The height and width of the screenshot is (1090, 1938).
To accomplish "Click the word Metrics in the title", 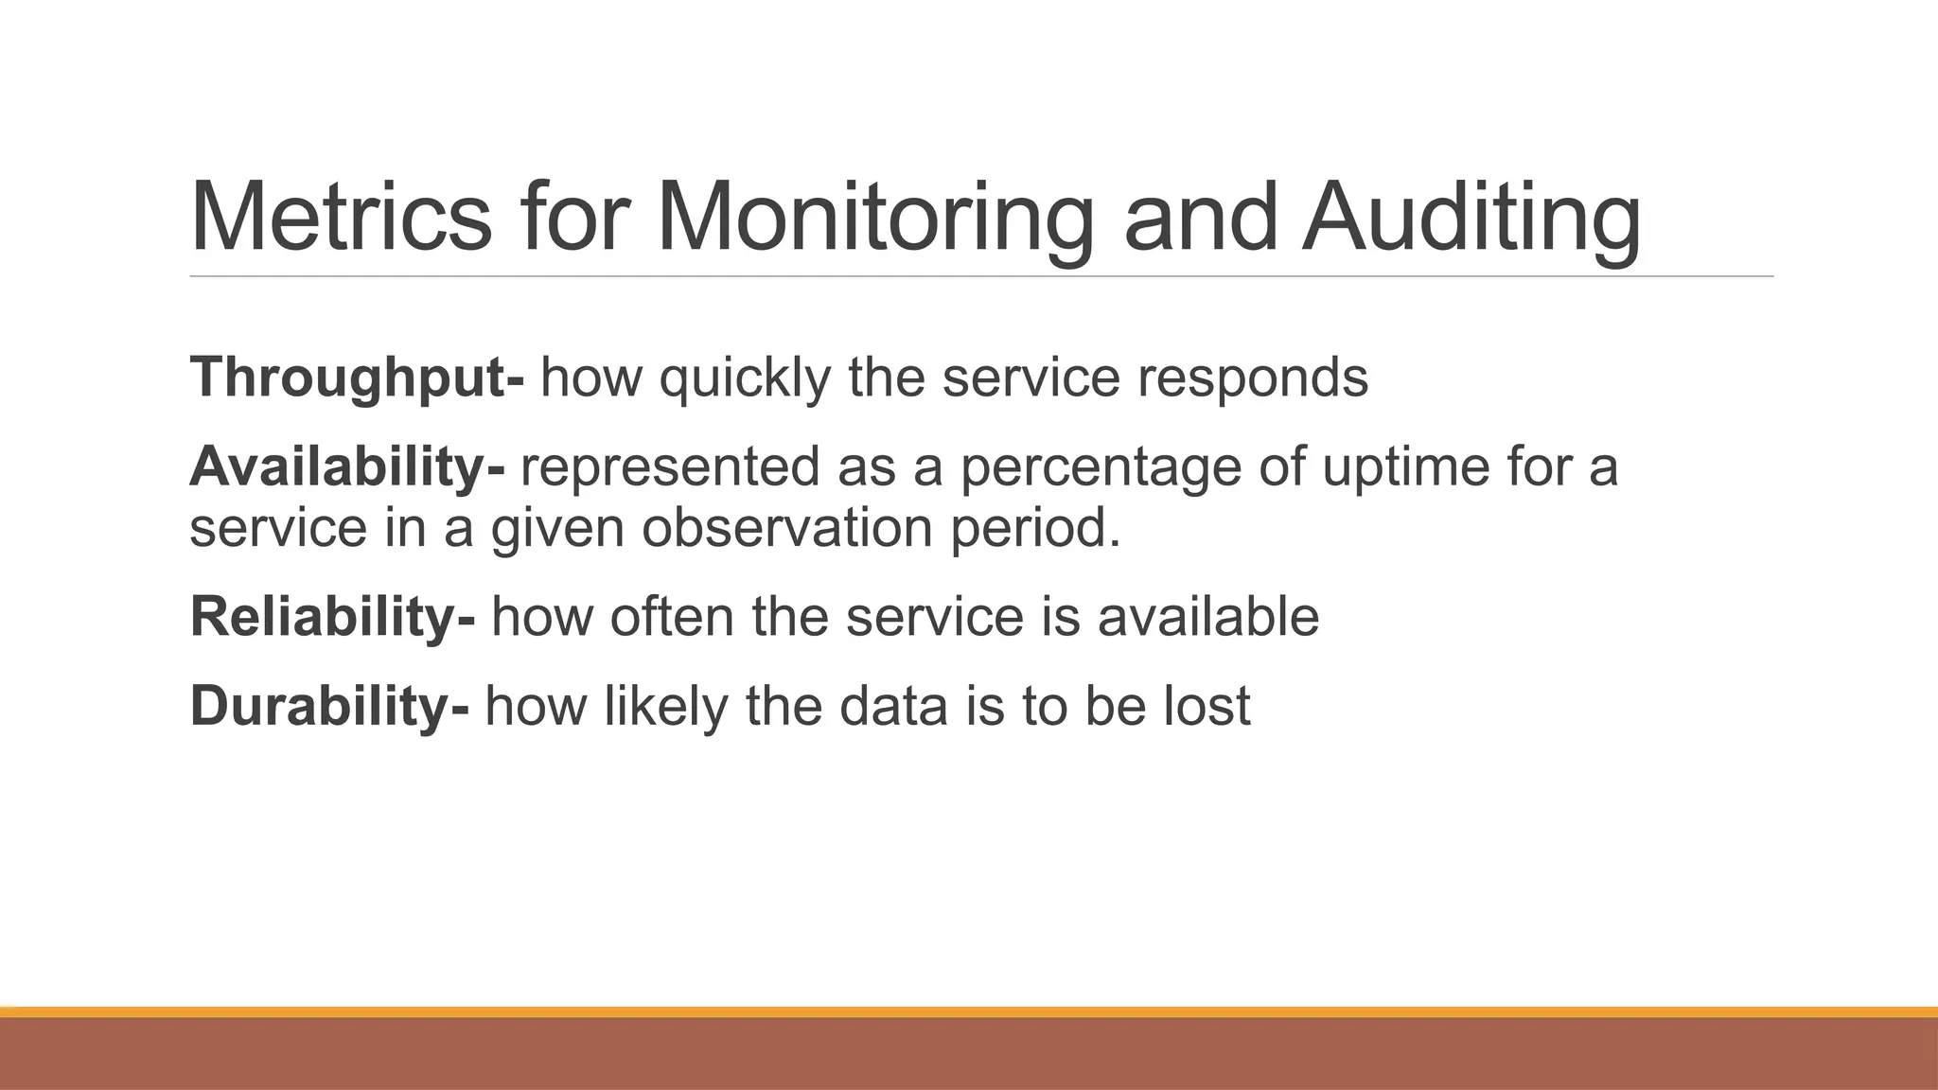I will [341, 218].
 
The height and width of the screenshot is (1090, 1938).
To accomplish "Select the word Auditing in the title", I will [1471, 218].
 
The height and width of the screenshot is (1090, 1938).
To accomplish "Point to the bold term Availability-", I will [347, 466].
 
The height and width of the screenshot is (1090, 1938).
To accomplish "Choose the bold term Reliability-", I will [332, 616].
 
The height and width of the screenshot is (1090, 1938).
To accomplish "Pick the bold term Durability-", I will [328, 705].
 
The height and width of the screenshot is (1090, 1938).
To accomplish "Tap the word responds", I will [1252, 378].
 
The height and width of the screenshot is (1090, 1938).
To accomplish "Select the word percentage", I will [1101, 466].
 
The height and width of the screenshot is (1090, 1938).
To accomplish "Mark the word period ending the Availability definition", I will [1034, 527].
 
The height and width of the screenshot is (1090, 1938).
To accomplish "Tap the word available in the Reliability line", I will [1207, 616].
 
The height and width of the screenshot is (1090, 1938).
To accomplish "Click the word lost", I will [1207, 705].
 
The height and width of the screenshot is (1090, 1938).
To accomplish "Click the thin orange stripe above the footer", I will [969, 1011].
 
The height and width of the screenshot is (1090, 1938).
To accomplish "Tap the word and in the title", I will [1200, 218].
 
